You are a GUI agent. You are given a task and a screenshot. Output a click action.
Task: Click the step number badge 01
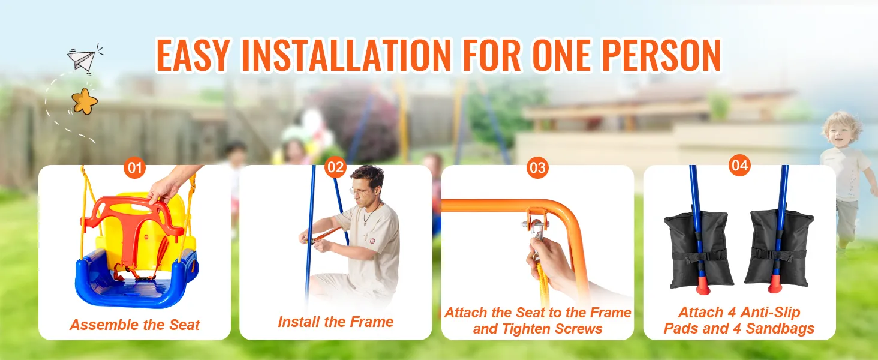pos(134,168)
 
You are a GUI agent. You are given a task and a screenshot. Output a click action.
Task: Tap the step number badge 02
pos(335,167)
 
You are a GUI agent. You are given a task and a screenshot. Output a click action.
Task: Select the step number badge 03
pos(537,168)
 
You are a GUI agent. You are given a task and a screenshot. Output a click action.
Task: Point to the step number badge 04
pos(739,165)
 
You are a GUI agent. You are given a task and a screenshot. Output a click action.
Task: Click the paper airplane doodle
pos(83,59)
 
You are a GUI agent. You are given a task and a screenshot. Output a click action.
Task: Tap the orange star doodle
pos(85,101)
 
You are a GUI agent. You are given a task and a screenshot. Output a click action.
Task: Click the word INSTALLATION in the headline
pos(347,55)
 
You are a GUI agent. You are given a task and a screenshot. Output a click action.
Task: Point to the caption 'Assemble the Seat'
pos(135,325)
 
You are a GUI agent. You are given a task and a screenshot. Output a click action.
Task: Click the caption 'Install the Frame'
pos(335,322)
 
